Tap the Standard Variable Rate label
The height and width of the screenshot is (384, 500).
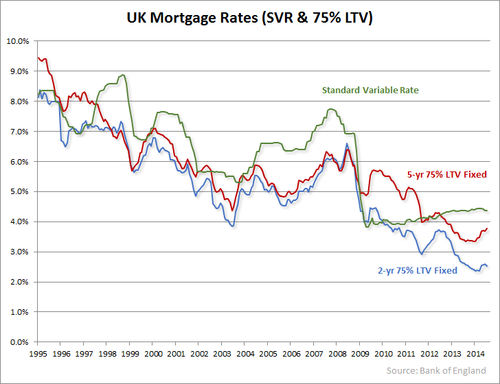point(371,90)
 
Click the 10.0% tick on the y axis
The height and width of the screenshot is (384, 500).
point(17,41)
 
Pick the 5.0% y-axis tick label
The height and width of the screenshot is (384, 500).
point(19,192)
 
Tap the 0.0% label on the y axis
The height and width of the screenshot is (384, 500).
point(19,342)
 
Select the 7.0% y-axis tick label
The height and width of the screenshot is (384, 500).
point(19,132)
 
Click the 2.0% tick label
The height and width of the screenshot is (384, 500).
point(19,282)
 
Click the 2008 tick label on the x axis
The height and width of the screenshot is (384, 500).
point(337,355)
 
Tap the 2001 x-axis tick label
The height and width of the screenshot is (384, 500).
point(175,355)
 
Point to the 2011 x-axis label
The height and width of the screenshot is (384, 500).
point(406,355)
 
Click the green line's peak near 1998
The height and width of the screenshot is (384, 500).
point(122,75)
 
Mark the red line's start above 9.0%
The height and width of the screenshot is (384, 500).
point(38,58)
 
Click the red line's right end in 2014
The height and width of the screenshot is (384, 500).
point(488,229)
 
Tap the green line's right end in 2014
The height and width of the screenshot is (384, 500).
point(488,210)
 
